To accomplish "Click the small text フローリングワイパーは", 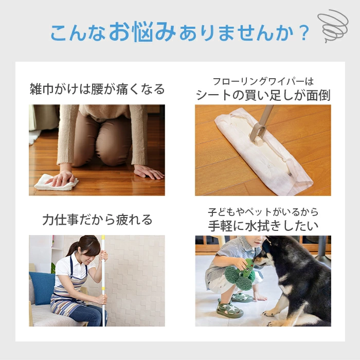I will (x=263, y=81).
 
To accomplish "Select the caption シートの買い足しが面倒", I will (x=263, y=95).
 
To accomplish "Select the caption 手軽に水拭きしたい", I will (x=263, y=225).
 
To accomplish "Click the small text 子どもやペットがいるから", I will (x=263, y=212).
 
